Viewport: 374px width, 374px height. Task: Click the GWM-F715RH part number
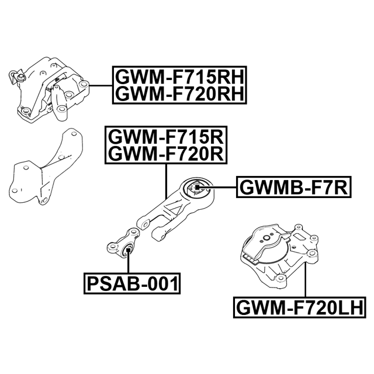coord(179,77)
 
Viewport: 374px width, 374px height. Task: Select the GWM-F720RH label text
coord(179,93)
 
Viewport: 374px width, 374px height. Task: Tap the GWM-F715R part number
coord(166,137)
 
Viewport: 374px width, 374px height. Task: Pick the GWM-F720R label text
coord(166,154)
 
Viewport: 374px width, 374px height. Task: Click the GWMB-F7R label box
coord(294,187)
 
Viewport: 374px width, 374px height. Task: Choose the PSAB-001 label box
coord(132,283)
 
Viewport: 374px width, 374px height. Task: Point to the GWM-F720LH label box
coord(300,307)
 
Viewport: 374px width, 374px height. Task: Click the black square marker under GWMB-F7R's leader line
coord(198,187)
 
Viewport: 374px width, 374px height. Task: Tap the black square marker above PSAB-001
coord(129,250)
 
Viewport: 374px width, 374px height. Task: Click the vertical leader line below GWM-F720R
coord(166,182)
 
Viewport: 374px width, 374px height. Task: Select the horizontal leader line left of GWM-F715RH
coord(101,85)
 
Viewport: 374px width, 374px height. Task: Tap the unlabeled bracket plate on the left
coord(46,167)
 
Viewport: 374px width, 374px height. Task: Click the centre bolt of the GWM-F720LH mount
coord(266,238)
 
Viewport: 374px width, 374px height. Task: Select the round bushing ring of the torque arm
coord(197,188)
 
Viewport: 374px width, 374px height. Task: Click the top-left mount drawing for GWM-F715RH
coord(49,90)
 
